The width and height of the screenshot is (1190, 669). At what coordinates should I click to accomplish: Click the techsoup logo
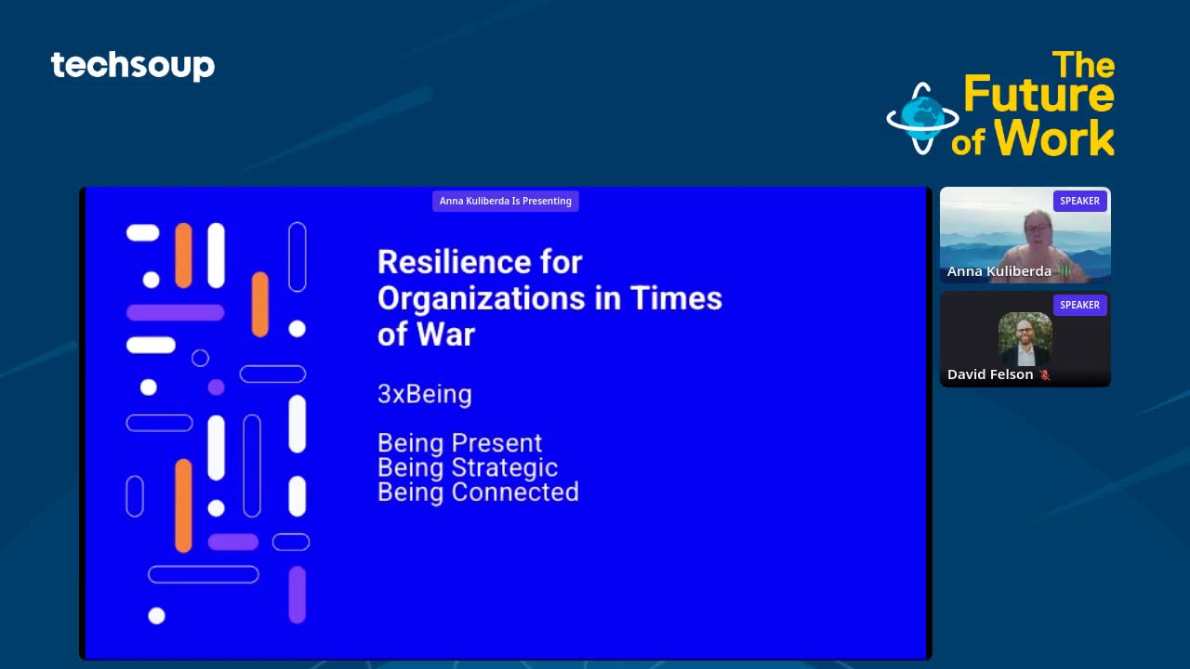click(x=133, y=66)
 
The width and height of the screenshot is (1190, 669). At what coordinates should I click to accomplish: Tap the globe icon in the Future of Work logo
click(x=923, y=118)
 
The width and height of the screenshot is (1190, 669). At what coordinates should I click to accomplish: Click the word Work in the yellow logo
click(x=1054, y=138)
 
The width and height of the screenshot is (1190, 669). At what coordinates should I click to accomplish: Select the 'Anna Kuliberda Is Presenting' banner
click(x=505, y=202)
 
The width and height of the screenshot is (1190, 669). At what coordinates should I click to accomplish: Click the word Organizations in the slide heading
click(x=481, y=298)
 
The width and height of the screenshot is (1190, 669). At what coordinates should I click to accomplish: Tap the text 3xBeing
click(x=425, y=394)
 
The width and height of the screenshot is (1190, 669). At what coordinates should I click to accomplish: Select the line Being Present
click(x=459, y=443)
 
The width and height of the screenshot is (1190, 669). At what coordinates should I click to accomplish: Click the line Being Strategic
click(x=468, y=467)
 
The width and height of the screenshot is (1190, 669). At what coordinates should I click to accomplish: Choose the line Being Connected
click(x=478, y=492)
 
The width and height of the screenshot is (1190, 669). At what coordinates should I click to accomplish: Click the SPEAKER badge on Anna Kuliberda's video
click(x=1079, y=202)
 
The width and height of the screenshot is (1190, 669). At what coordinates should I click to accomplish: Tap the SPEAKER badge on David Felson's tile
click(x=1079, y=306)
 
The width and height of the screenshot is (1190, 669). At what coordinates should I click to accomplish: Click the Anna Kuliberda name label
click(x=998, y=271)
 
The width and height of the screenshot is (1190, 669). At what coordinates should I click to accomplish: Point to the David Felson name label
click(x=990, y=374)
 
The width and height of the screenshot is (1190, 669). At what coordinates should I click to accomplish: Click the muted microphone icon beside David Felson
click(x=1045, y=375)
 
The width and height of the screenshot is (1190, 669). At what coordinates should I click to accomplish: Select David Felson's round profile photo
click(x=1025, y=339)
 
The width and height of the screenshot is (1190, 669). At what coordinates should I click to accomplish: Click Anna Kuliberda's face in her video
click(x=1038, y=232)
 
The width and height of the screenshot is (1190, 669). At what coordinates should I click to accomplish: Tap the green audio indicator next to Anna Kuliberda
click(x=1064, y=271)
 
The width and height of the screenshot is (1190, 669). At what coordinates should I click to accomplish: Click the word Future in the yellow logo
click(x=1039, y=94)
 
